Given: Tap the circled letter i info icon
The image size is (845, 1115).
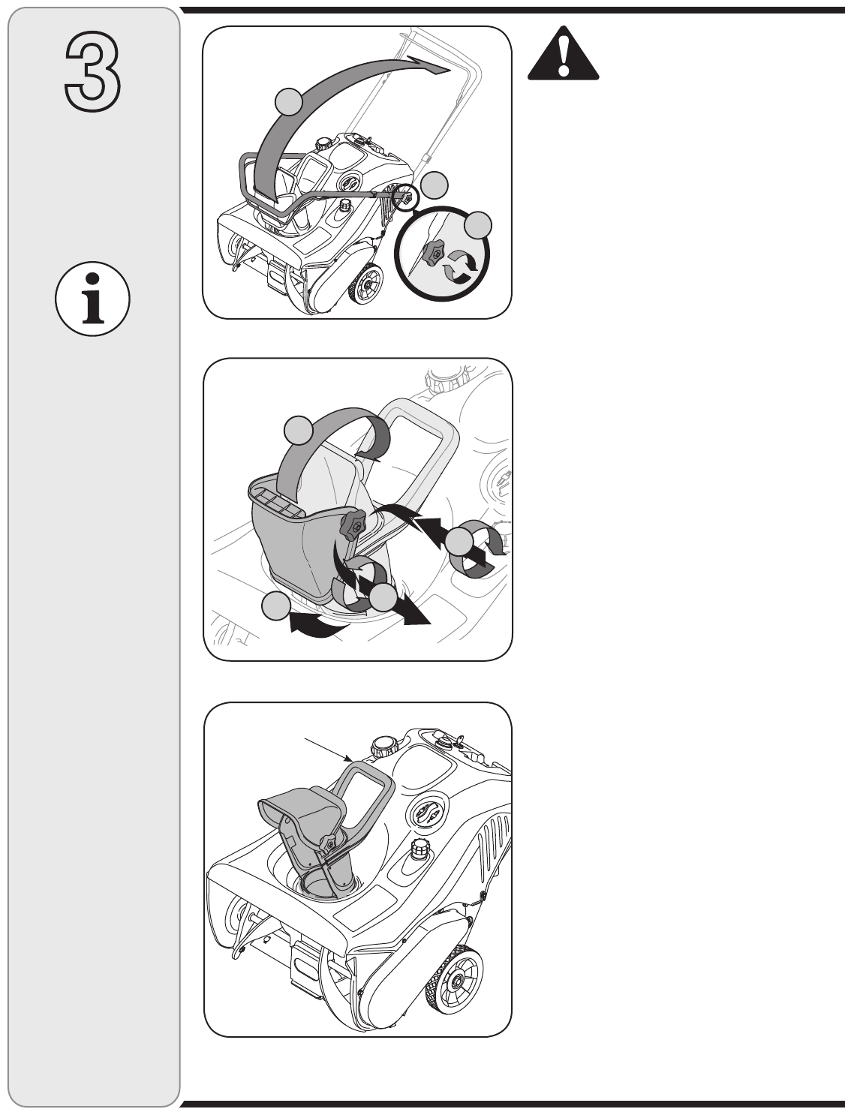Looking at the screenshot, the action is (x=92, y=299).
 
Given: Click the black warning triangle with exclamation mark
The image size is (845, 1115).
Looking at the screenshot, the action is (x=563, y=53).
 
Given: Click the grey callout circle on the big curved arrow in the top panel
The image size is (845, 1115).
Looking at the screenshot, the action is (x=288, y=102).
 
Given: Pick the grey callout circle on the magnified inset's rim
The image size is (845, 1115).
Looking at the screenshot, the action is (x=478, y=225).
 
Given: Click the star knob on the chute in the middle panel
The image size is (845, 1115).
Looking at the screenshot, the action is (x=354, y=526).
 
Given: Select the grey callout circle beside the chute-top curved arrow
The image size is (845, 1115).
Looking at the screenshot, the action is (x=298, y=430).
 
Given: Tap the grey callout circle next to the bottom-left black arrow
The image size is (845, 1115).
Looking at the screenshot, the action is (x=275, y=606).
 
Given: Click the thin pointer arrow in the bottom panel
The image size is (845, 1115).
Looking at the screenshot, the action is (x=329, y=757).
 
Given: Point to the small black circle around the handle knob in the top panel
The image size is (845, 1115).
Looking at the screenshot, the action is (x=406, y=197).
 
